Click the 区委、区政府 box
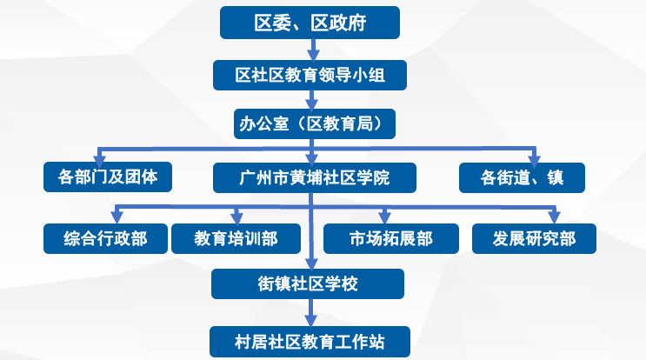[310, 23]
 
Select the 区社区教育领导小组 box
[310, 75]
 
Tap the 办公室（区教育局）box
[315, 123]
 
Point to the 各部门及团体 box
[108, 177]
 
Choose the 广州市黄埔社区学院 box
[315, 177]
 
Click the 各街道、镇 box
[522, 177]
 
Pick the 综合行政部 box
[105, 238]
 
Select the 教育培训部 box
[236, 238]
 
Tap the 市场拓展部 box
[391, 238]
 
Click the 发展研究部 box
[534, 238]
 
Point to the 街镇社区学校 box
[308, 283]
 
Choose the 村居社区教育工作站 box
[310, 342]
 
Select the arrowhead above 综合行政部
[117, 217]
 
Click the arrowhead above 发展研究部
[554, 217]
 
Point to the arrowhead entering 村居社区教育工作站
[310, 321]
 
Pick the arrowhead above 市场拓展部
[384, 217]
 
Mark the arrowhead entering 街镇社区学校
[311, 263]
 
